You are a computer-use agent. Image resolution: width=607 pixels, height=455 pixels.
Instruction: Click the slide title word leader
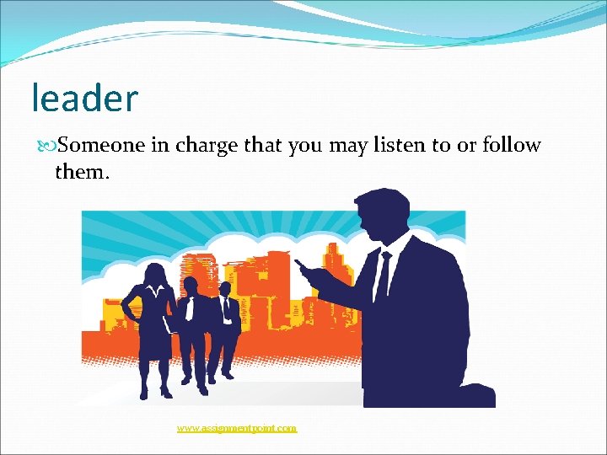click(x=84, y=98)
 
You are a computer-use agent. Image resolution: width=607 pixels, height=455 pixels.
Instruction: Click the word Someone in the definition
click(x=102, y=146)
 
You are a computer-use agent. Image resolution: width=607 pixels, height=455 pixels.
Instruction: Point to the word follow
click(x=512, y=146)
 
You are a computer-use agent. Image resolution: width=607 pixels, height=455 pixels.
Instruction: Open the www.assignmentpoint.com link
click(x=237, y=428)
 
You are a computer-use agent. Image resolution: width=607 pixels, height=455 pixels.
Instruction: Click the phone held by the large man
click(x=303, y=268)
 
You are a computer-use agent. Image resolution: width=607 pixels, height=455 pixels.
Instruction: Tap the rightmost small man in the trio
click(x=226, y=329)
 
